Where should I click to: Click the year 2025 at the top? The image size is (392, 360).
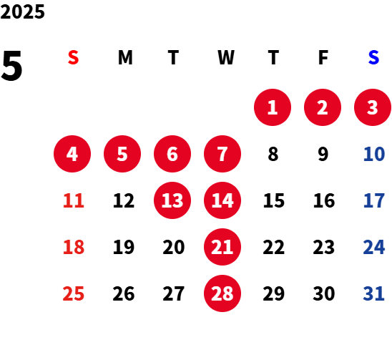click(22, 11)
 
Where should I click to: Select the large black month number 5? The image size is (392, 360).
click(11, 66)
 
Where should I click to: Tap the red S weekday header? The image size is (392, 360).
click(73, 57)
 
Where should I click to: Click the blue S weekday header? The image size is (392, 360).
click(373, 57)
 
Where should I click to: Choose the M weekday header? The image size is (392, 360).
click(125, 57)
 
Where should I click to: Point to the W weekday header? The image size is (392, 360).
click(226, 57)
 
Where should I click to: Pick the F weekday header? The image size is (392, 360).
click(323, 57)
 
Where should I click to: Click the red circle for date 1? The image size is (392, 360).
click(273, 107)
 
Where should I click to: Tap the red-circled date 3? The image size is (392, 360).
click(373, 107)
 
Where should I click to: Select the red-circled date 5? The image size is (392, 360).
click(122, 154)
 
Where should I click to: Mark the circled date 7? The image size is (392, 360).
click(222, 154)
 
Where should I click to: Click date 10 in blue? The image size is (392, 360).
click(374, 154)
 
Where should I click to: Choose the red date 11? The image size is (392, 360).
click(74, 200)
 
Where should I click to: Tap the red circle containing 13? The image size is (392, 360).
click(172, 200)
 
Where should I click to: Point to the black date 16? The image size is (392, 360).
click(324, 200)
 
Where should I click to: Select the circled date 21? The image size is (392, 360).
click(222, 247)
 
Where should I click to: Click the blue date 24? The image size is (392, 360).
click(374, 247)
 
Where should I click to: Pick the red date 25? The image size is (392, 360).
click(74, 293)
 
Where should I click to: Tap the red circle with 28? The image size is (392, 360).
click(222, 293)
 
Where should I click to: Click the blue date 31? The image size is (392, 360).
click(373, 293)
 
